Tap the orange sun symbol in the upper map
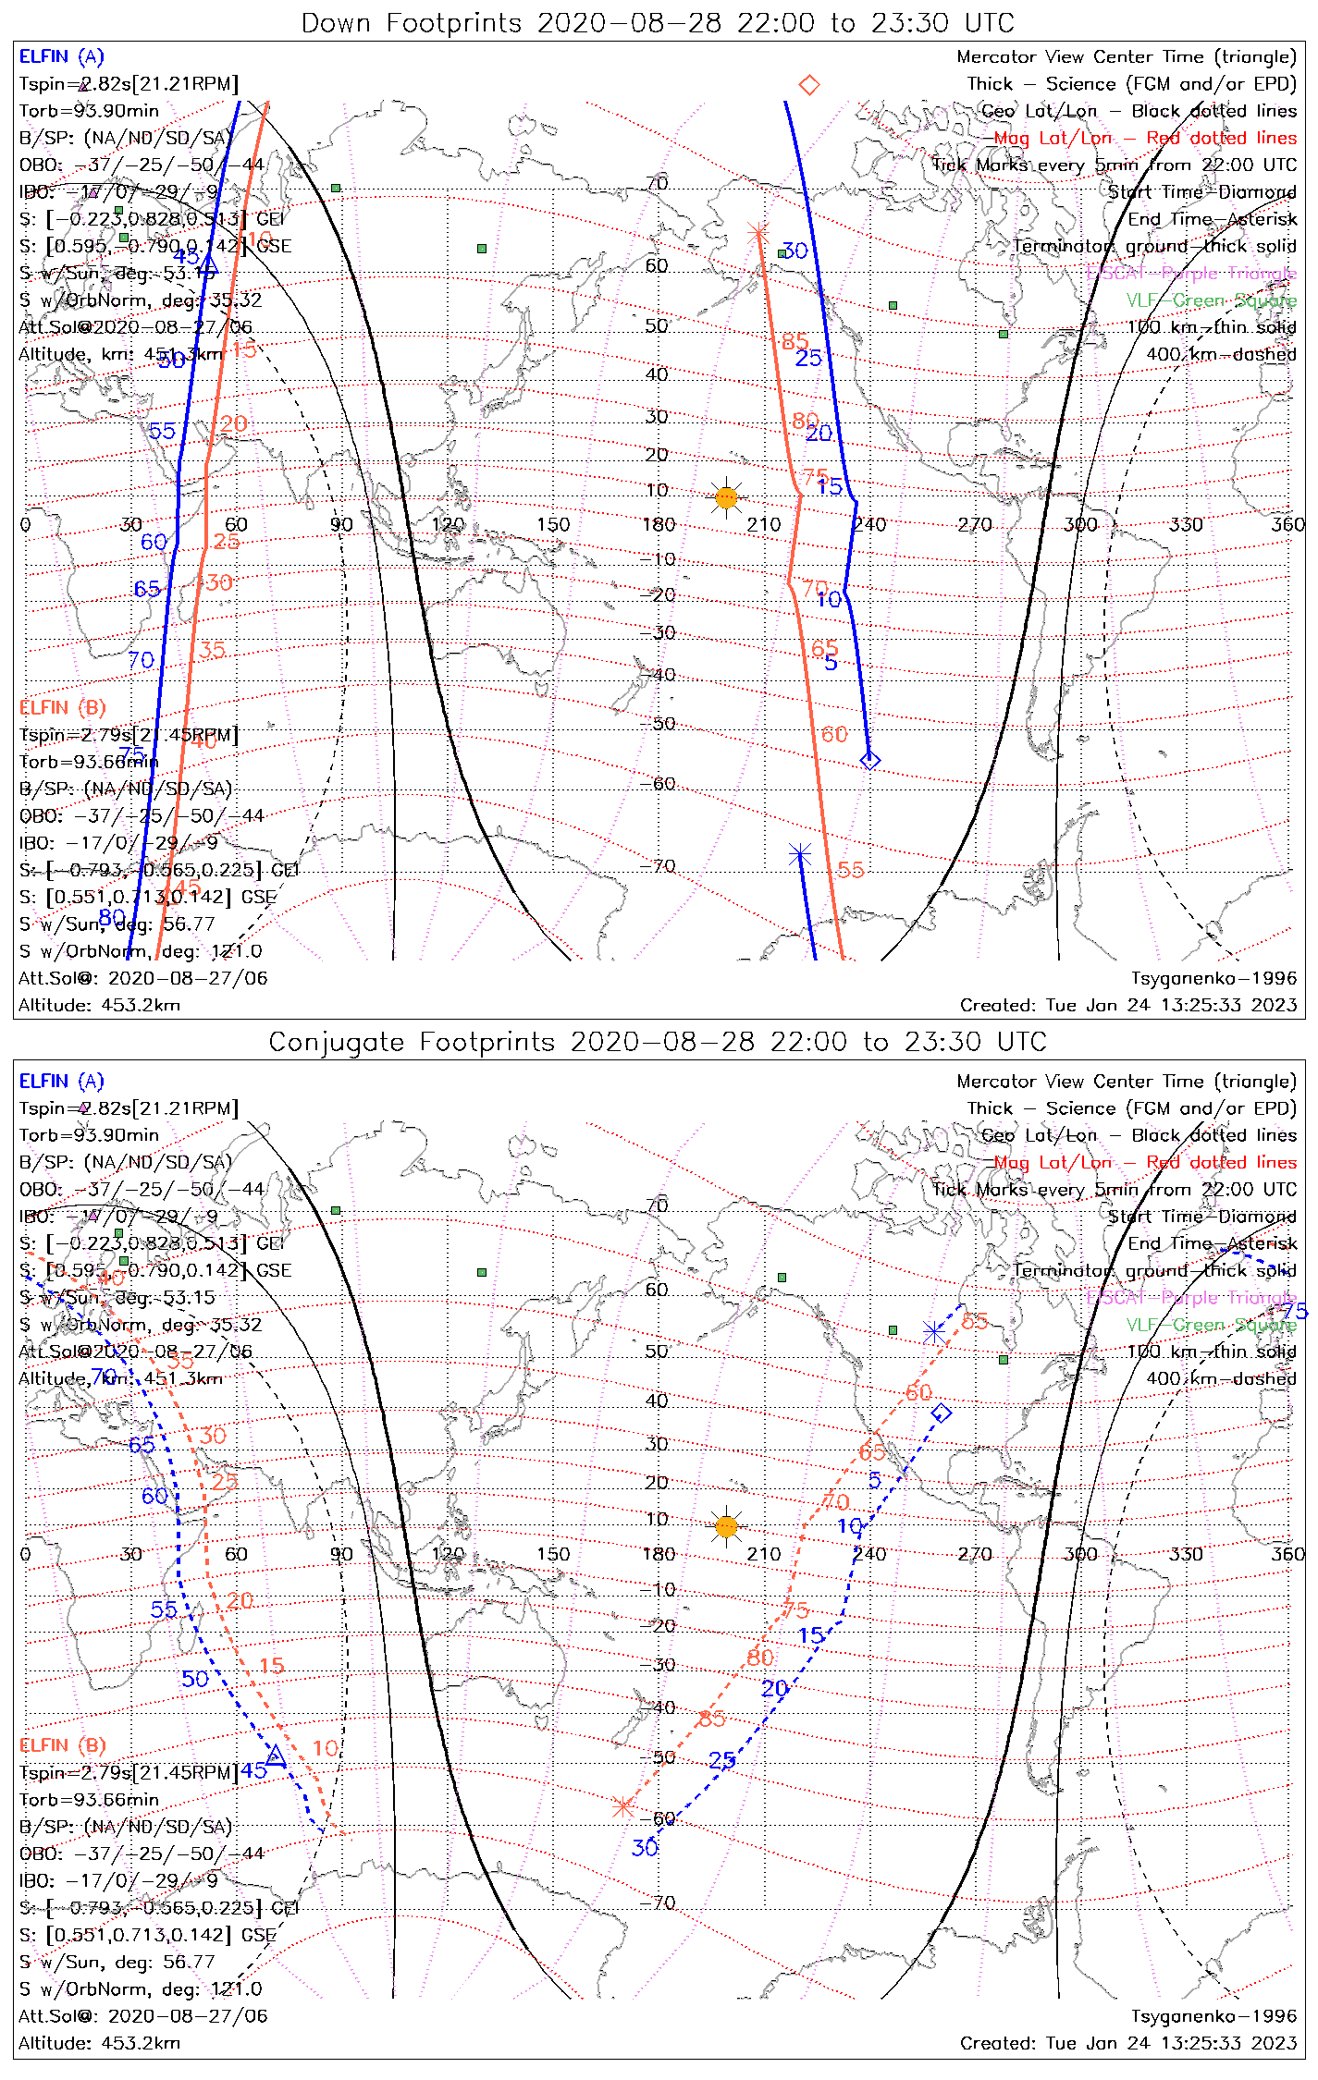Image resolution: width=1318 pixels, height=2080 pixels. coord(727,497)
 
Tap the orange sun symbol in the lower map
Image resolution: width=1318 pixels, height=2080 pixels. coord(727,1526)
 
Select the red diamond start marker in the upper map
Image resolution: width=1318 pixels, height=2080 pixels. coord(809,85)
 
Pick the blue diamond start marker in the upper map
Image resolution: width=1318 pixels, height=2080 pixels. coord(870,761)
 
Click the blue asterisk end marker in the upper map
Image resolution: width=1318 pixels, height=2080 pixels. coord(800,856)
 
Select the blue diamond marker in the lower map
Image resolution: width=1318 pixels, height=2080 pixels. coord(942,1413)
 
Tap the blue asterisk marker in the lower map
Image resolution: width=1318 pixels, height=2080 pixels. coord(934,1332)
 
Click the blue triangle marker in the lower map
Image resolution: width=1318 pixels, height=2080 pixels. coord(276,1756)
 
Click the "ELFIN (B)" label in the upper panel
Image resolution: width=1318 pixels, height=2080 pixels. coord(63,707)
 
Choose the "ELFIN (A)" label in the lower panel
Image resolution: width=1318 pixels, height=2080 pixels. coord(62,1081)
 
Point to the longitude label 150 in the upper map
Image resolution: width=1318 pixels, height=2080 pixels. coord(553,525)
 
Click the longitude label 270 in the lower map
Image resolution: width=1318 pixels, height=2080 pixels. coord(975,1554)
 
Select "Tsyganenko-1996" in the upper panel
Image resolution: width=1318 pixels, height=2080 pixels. coord(1213,978)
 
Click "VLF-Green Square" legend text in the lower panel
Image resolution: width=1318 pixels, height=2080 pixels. coord(1212,1325)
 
